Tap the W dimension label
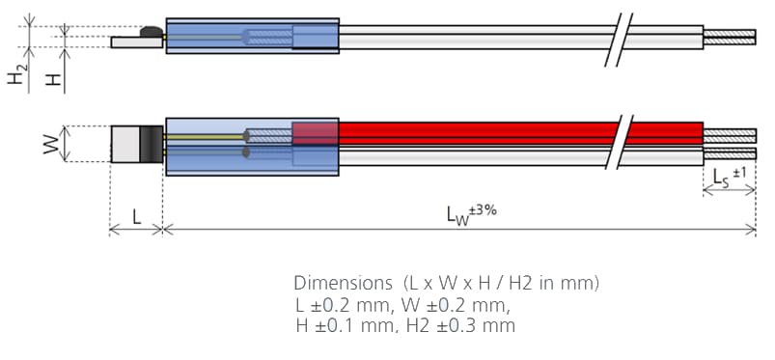(x=48, y=146)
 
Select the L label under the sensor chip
(x=136, y=218)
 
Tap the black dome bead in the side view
(x=152, y=34)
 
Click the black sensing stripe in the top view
(x=152, y=144)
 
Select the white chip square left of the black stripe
(x=125, y=144)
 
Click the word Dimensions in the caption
(x=338, y=284)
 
